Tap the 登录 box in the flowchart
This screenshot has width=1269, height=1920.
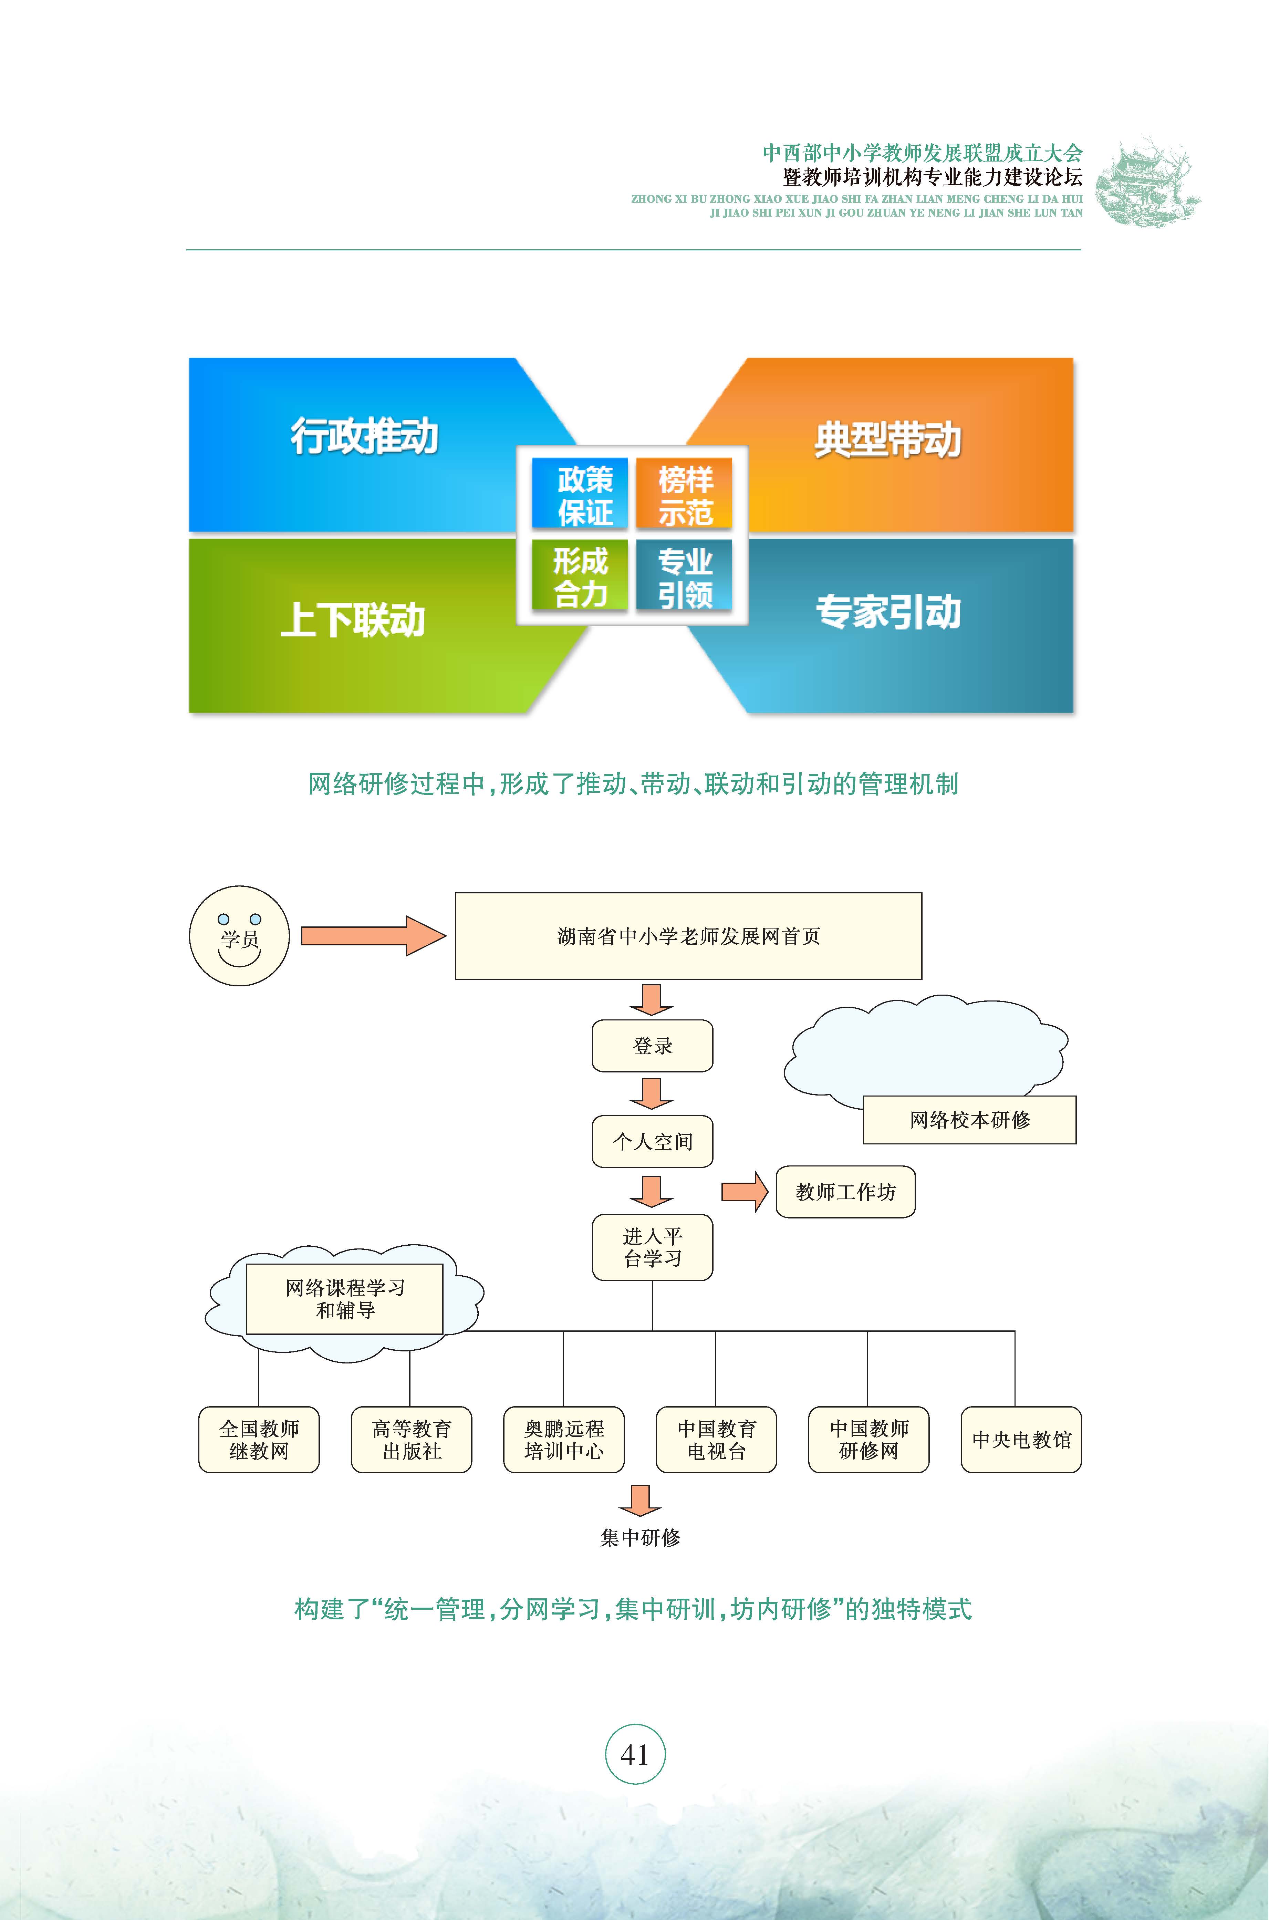(x=652, y=1046)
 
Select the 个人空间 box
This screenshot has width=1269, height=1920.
(x=652, y=1141)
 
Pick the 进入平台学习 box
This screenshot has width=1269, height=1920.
(x=652, y=1247)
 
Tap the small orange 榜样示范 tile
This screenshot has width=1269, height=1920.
(x=685, y=494)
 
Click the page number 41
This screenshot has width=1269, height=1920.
(x=634, y=1755)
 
